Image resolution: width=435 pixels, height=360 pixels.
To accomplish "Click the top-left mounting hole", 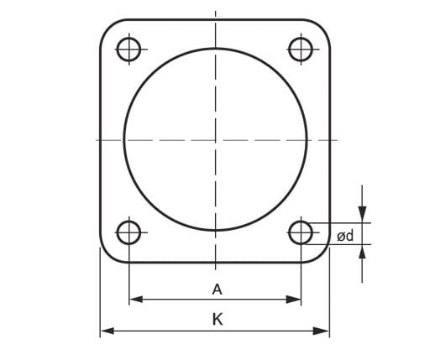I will (x=128, y=49).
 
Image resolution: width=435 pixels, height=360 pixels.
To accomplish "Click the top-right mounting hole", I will (x=300, y=49).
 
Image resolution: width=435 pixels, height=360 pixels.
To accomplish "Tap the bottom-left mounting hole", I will (x=128, y=232).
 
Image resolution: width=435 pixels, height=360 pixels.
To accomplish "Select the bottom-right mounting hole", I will (x=300, y=232).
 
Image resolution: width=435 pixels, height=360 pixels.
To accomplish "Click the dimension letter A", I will (x=217, y=290).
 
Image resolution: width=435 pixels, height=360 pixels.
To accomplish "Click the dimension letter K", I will (x=217, y=319).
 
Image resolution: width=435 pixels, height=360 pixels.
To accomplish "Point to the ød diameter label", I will (x=344, y=237).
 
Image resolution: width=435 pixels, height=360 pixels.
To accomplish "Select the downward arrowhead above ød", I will (x=362, y=213).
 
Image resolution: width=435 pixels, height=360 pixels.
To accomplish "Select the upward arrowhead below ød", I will (x=362, y=252).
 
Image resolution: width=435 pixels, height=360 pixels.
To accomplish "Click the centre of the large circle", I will (x=215, y=139).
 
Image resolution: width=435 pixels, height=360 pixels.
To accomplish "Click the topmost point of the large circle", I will (x=215, y=48).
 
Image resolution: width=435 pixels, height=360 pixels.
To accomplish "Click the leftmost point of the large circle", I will (x=123, y=139).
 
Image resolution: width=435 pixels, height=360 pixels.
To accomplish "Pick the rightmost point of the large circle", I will (x=307, y=139).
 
